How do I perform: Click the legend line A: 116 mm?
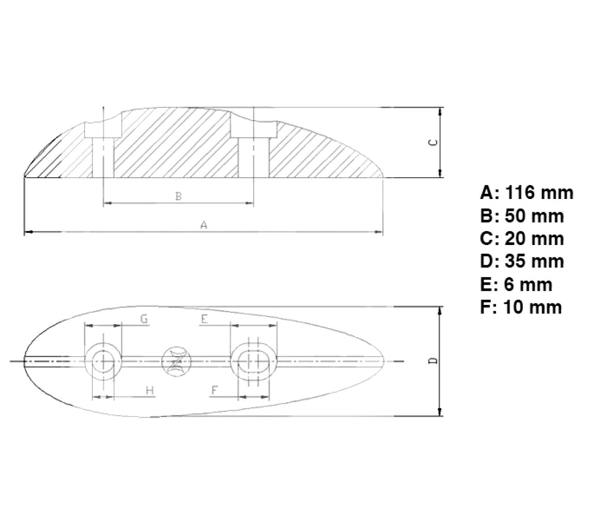[x=526, y=193]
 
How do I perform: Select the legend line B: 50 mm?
[x=522, y=216]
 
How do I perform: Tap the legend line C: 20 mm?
[x=522, y=238]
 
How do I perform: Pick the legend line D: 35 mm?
[x=522, y=261]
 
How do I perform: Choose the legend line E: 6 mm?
[x=516, y=284]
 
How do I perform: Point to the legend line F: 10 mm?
[x=521, y=307]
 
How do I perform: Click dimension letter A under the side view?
[x=203, y=224]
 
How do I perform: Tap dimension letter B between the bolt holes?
[x=179, y=196]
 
